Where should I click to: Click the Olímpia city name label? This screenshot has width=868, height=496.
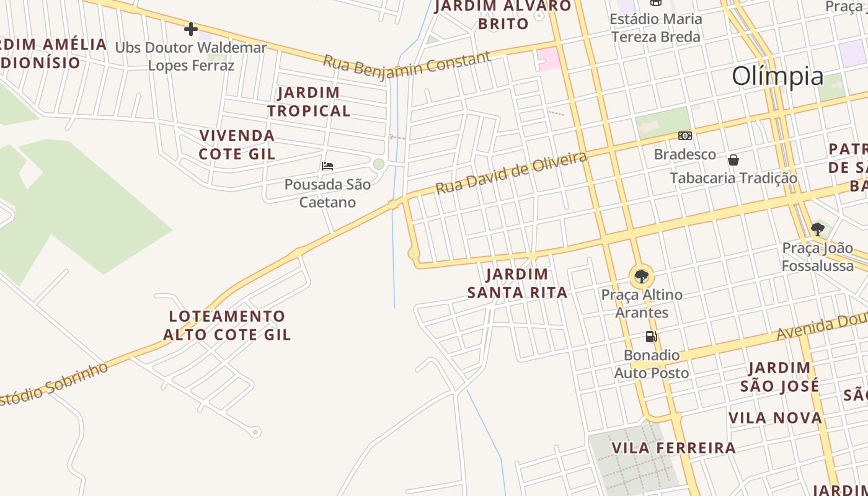[x=777, y=76]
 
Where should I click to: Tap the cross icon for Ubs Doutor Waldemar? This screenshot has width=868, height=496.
[x=191, y=29]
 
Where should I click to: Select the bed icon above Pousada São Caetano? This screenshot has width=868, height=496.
[x=327, y=166]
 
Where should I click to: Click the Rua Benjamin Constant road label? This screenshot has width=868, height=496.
[x=407, y=64]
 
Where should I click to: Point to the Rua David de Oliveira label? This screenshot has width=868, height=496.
[x=511, y=172]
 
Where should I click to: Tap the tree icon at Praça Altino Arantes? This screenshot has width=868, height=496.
[x=642, y=276]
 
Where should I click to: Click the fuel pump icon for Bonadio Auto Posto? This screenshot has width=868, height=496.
[x=651, y=337]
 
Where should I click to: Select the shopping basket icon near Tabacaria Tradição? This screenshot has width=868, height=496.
[x=733, y=160]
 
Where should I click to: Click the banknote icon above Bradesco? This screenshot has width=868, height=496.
[x=684, y=135]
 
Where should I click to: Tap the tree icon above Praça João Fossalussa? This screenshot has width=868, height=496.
[x=818, y=229]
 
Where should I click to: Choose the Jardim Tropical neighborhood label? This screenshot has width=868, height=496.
[x=309, y=102]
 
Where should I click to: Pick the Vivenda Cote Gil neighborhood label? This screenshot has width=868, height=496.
[x=237, y=144]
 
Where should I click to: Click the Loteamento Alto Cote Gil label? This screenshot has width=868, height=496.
[x=227, y=325]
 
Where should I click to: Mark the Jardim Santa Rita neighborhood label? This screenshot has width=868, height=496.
[x=517, y=283]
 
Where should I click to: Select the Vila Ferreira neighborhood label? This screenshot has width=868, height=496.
[x=674, y=448]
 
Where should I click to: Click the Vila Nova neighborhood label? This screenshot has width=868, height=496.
[x=775, y=417]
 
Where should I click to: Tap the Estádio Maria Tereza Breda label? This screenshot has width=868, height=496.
[x=656, y=27]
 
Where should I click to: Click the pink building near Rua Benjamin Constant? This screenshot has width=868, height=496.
[x=549, y=60]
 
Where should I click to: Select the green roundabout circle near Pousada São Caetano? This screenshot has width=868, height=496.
[x=379, y=164]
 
